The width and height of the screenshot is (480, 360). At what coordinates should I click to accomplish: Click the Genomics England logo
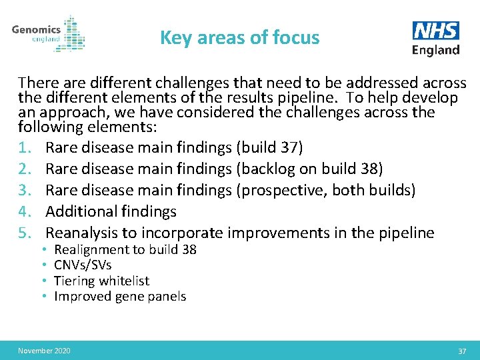(x=48, y=33)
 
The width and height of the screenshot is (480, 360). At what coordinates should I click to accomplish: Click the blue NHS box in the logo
(x=436, y=31)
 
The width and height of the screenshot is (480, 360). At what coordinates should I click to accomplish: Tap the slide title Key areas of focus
(x=240, y=37)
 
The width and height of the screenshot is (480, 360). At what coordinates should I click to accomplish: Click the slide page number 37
(x=462, y=351)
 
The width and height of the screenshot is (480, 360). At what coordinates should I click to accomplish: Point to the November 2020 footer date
(x=44, y=351)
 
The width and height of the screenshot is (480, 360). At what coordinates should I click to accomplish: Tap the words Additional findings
(x=111, y=211)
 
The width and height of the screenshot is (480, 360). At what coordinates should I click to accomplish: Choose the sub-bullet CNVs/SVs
(x=83, y=265)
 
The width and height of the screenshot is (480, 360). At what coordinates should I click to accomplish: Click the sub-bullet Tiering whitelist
(x=101, y=281)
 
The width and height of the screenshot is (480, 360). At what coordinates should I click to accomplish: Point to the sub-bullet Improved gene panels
(x=120, y=296)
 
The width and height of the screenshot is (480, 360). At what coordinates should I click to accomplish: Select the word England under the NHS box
(x=436, y=50)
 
